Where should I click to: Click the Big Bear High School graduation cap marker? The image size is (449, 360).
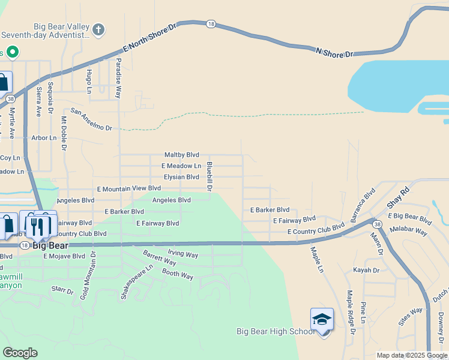(322, 319)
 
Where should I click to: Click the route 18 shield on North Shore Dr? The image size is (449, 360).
(210, 24)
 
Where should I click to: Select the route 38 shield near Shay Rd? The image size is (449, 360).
(376, 224)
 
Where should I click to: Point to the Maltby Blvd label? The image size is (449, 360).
(182, 155)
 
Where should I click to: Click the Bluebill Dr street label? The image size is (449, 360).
(209, 176)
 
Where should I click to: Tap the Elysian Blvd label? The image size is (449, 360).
(181, 177)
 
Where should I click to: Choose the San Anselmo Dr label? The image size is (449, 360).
(91, 119)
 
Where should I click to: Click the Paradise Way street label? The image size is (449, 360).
(118, 78)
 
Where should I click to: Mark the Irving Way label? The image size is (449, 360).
(182, 255)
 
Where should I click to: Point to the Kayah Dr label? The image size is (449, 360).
(366, 271)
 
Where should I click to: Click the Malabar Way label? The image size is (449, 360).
(408, 230)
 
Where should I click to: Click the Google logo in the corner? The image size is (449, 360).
(20, 353)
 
